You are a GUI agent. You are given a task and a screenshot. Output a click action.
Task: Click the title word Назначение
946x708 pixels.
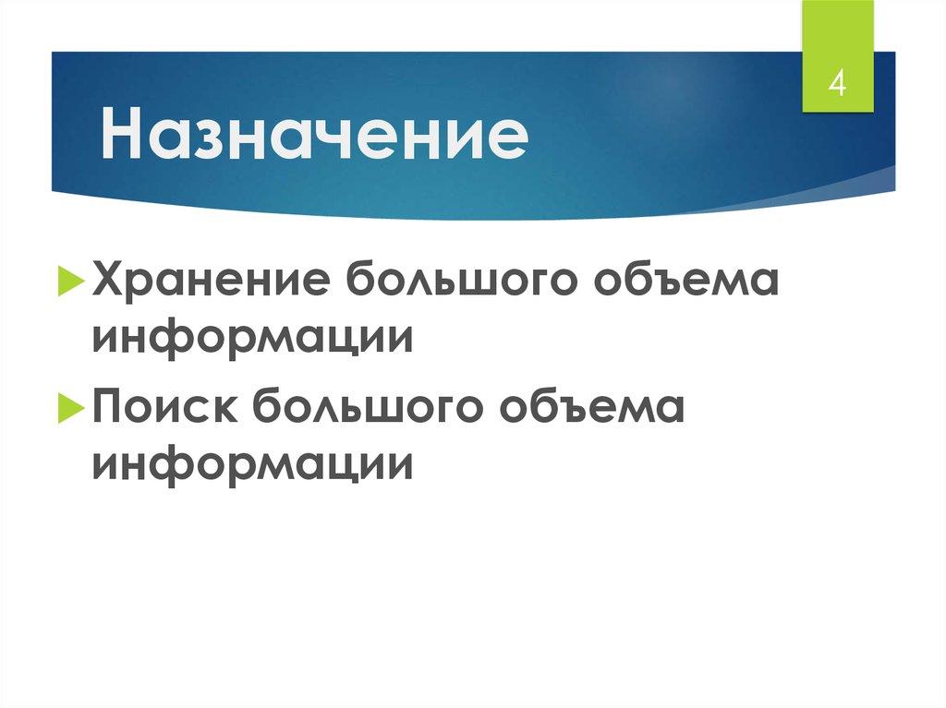[x=315, y=138]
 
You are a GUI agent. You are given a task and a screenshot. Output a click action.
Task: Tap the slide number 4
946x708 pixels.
[x=837, y=84]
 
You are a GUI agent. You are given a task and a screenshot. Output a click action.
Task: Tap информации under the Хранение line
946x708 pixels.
[x=251, y=336]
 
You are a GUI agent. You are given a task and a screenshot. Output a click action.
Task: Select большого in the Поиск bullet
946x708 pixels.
[x=365, y=406]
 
